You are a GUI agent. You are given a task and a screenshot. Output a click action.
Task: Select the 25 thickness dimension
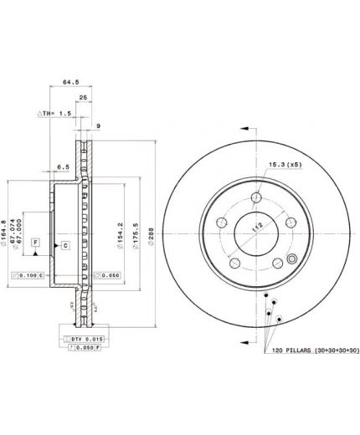tap(84, 98)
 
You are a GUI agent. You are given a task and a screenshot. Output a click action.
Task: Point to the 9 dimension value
tap(98, 126)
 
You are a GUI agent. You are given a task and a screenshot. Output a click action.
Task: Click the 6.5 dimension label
tap(64, 167)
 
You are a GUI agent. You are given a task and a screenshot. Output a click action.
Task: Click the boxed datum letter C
tap(64, 246)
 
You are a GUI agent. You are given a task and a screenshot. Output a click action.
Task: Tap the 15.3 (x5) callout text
tap(284, 165)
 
